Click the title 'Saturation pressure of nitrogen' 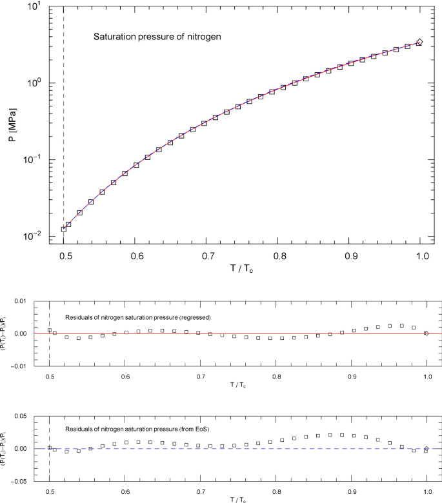[158, 37]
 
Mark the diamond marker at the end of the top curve [419, 42]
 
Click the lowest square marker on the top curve [64, 229]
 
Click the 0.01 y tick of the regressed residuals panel [21, 302]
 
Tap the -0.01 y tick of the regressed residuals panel [20, 366]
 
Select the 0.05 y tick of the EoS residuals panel [21, 416]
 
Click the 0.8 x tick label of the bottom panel [276, 491]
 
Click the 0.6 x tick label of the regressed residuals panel [125, 377]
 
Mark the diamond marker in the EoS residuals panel [426, 449]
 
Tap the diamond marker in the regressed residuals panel [426, 333]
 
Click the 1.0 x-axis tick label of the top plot [421, 257]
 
